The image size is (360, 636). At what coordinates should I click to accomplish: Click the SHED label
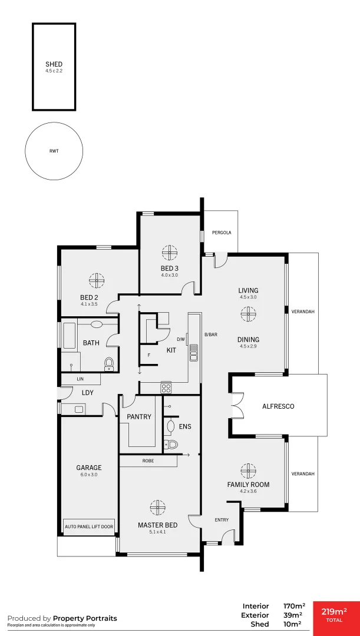(54, 64)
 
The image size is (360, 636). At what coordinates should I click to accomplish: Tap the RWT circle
(54, 151)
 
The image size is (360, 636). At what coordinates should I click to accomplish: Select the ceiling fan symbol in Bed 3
(170, 253)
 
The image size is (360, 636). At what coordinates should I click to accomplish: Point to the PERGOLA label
(222, 233)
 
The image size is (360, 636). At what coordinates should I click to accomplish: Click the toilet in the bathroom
(109, 363)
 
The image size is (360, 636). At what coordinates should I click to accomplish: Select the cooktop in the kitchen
(166, 387)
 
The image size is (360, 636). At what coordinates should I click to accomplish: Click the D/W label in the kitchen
(181, 339)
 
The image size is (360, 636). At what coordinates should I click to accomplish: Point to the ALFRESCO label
(278, 406)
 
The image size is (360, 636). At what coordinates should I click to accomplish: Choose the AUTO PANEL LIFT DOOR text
(89, 526)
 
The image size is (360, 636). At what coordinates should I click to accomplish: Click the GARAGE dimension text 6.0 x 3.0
(89, 475)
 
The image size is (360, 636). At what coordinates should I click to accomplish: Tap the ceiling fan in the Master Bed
(157, 507)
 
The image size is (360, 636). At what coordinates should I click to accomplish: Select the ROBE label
(148, 461)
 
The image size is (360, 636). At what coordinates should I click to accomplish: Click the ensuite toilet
(170, 445)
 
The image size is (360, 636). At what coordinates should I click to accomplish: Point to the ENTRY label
(222, 520)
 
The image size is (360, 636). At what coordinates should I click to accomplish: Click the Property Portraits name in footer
(85, 618)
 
